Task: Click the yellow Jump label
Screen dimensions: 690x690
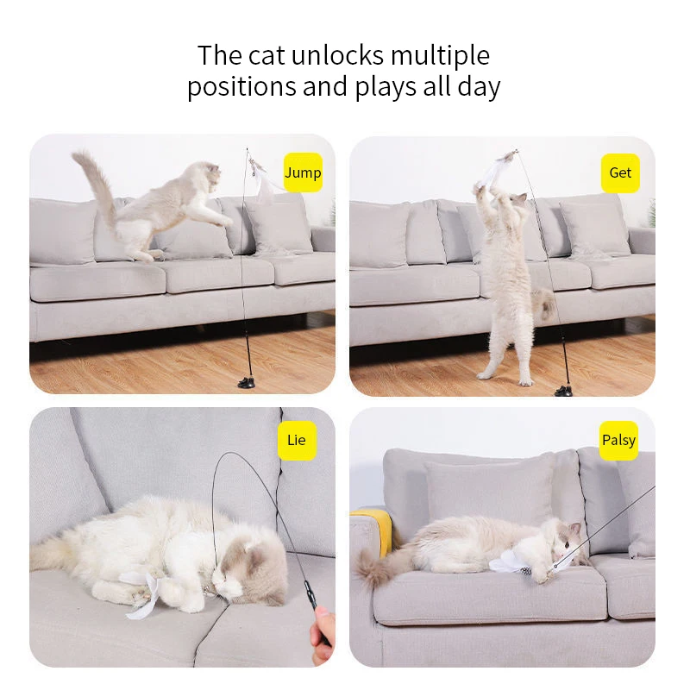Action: click(303, 172)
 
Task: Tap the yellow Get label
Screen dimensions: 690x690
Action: click(620, 172)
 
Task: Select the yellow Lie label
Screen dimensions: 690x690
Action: click(296, 440)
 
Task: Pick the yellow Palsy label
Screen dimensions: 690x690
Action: click(618, 440)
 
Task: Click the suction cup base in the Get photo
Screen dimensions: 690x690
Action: click(564, 392)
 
